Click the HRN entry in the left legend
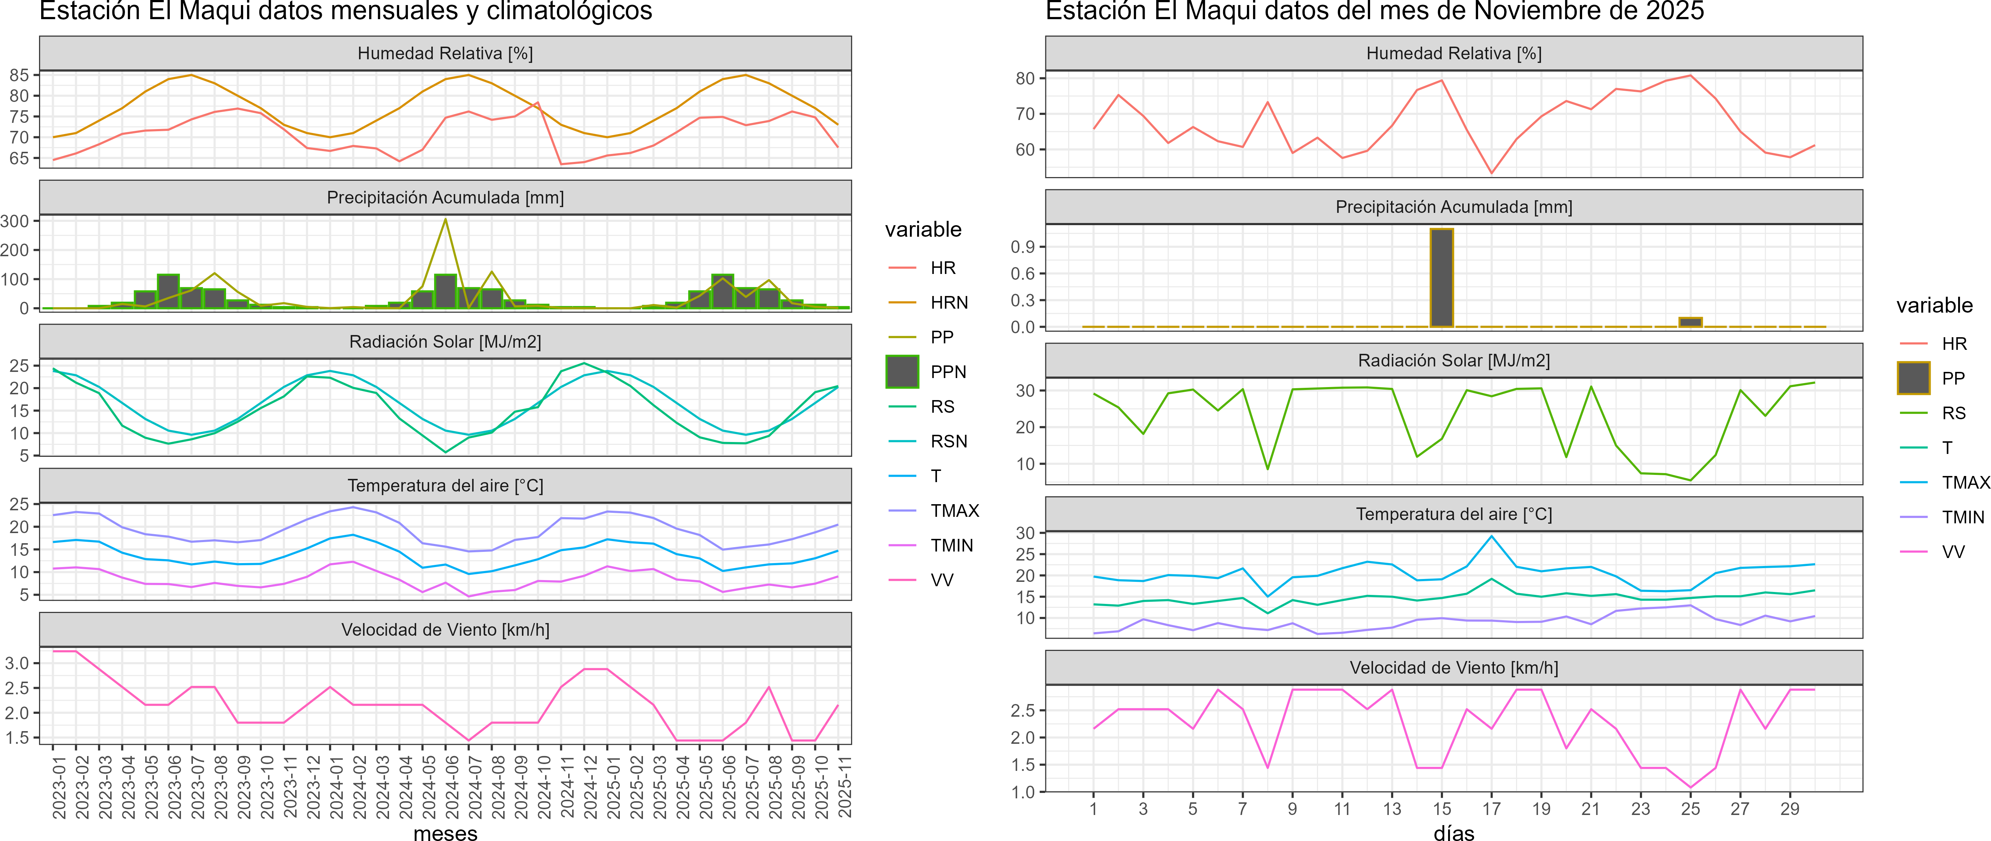click(949, 302)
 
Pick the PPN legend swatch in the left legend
click(902, 372)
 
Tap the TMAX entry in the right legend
click(1965, 482)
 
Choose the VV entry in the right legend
click(1953, 552)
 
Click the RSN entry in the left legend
click(948, 441)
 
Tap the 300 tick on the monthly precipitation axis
click(16, 221)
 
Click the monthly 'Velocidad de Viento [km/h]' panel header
click(445, 630)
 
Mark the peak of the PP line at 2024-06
click(445, 219)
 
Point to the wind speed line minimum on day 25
click(1690, 788)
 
